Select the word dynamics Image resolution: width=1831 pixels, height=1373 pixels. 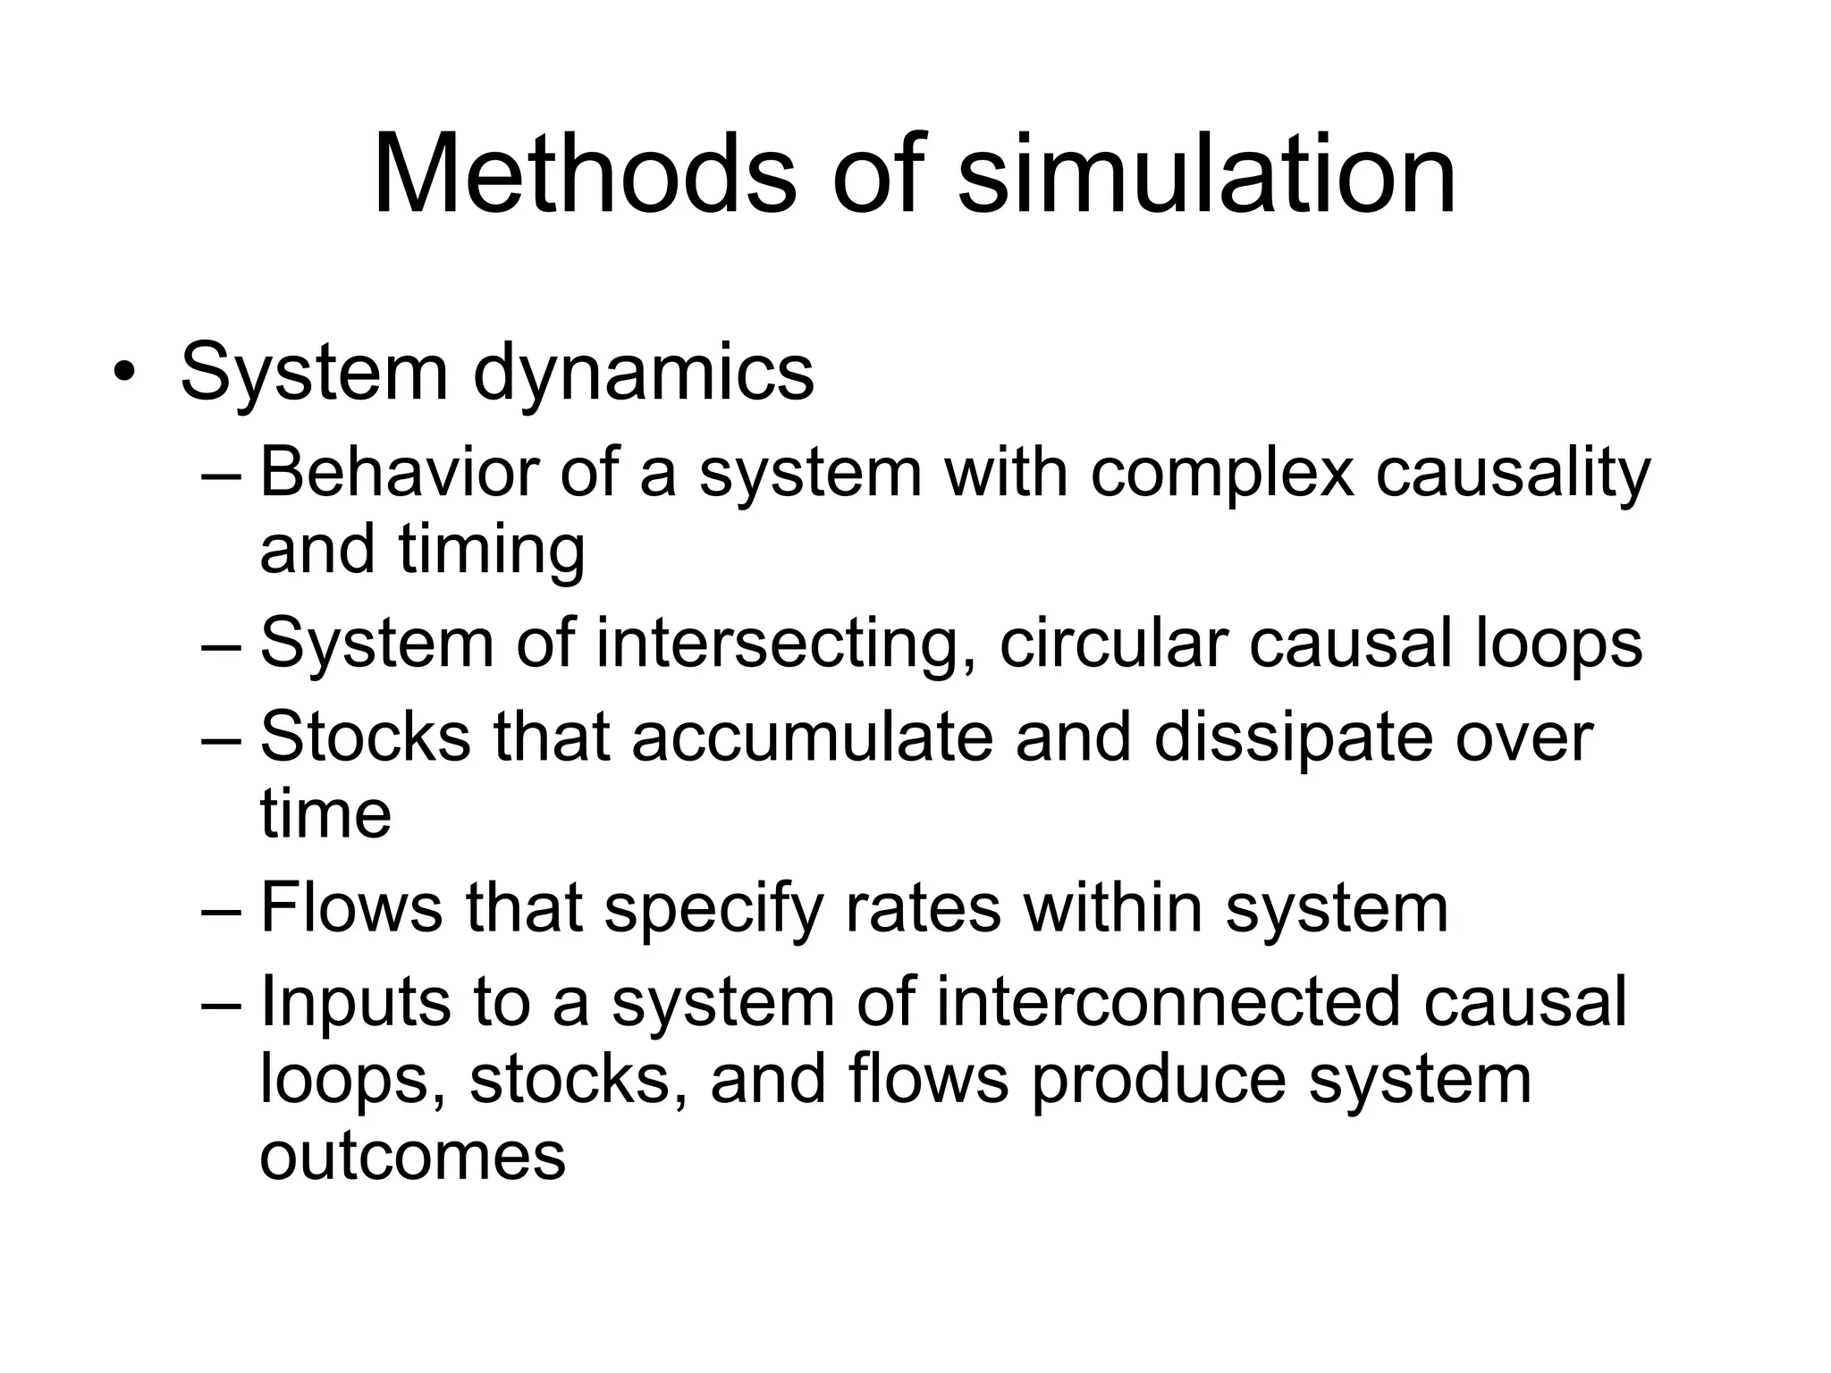[643, 374]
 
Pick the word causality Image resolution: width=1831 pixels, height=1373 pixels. [1513, 474]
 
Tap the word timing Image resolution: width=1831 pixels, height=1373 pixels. [492, 551]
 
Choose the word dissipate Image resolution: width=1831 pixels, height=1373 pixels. [1292, 740]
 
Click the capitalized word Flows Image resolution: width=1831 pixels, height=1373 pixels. [350, 908]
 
